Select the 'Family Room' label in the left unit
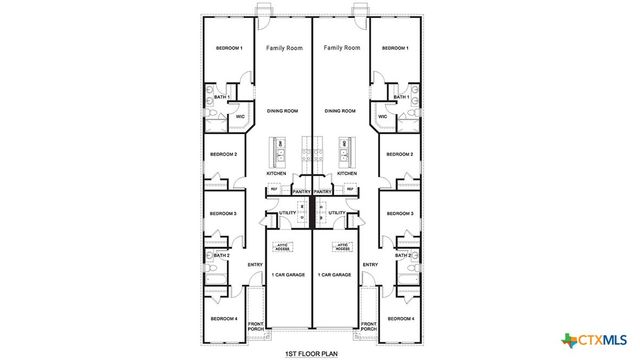click(285, 47)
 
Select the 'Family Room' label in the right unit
click(342, 47)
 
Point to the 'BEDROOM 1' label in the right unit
click(397, 48)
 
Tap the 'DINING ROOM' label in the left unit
click(285, 111)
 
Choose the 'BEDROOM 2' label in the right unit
click(400, 154)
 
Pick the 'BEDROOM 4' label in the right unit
click(400, 318)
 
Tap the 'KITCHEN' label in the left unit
click(276, 172)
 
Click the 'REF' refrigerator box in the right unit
click(351, 188)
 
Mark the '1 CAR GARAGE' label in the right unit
click(333, 275)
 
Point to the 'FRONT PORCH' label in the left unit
click(256, 325)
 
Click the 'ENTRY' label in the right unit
click(370, 264)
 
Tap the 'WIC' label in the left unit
click(241, 117)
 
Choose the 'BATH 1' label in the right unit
click(401, 97)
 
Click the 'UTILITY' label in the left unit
click(288, 213)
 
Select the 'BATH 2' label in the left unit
click(223, 256)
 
